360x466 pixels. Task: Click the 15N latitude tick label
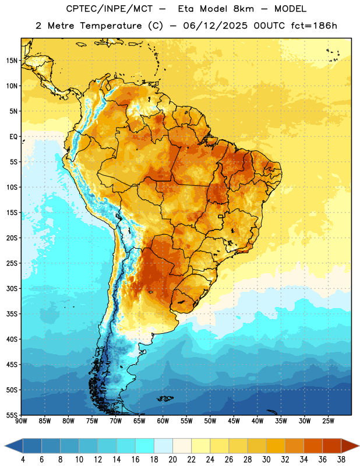click(12, 61)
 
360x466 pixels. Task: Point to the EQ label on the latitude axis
click(13, 137)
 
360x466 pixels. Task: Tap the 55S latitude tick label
click(12, 415)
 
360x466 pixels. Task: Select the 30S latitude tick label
click(12, 288)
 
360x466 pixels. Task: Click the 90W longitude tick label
click(21, 421)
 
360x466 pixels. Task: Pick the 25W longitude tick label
click(328, 421)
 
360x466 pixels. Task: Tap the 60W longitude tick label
click(163, 421)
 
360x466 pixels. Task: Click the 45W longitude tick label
click(234, 421)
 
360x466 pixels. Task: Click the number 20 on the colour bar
click(172, 460)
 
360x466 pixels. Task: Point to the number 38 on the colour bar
click(341, 460)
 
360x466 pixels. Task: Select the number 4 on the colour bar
click(23, 460)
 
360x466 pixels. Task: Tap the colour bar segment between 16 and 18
click(144, 446)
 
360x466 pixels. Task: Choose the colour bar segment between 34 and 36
click(313, 446)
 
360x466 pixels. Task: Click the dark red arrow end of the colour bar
click(350, 446)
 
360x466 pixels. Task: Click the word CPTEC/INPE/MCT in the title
click(110, 9)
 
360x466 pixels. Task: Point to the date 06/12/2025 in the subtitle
click(215, 26)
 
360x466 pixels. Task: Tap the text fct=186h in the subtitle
click(314, 26)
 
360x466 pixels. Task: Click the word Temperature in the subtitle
click(111, 26)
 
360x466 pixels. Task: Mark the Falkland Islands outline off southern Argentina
click(165, 398)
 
